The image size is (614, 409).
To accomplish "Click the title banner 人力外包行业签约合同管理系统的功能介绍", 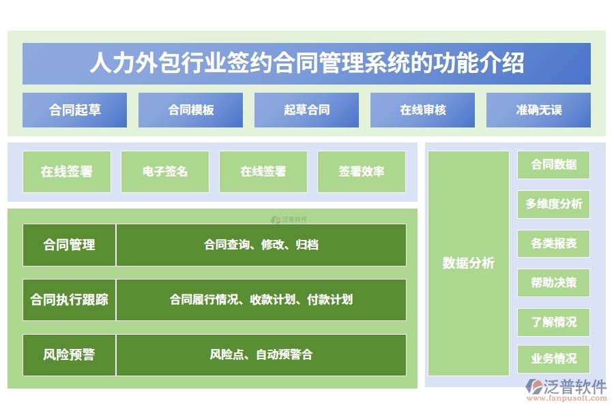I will pos(306,63).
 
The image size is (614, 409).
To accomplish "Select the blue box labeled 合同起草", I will pos(74,110).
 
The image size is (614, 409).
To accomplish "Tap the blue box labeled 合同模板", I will pos(190,110).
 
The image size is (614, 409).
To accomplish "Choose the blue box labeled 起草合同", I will pos(306,110).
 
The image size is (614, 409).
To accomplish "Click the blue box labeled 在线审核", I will pos(422,110).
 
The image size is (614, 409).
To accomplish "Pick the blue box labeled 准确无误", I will pos(538,110).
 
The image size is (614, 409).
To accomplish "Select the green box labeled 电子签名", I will pos(165,172).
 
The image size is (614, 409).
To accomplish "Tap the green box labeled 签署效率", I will pos(361,172).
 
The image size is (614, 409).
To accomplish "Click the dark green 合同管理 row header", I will pos(69,245).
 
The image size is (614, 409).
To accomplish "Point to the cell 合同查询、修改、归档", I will pos(261,245).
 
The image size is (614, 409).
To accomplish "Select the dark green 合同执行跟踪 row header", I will pos(69,299).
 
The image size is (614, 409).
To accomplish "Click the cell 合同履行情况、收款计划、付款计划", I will pos(261,299).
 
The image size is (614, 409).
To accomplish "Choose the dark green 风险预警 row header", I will pos(69,354).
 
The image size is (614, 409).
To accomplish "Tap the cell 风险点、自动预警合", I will pos(261,354).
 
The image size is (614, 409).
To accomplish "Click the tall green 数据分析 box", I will pos(468,263).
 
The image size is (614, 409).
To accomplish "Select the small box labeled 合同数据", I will pos(553,165).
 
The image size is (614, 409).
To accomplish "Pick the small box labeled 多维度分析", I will pos(553,204).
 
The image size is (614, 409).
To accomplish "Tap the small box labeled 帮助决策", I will pos(553,282).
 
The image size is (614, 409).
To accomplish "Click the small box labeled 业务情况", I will pos(553,359).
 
